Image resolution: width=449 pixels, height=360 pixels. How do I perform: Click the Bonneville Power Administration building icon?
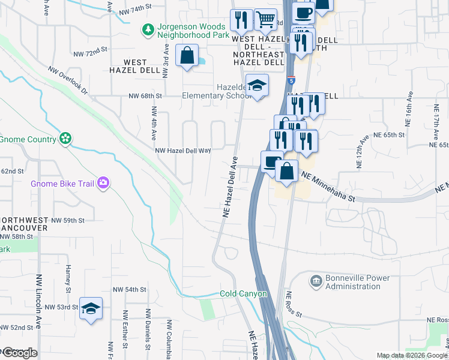(316, 281)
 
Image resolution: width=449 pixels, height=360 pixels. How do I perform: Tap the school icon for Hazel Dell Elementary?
(257, 86)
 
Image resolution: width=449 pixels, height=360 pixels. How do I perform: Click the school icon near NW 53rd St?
(91, 309)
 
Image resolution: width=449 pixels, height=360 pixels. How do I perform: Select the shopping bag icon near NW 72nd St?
(187, 56)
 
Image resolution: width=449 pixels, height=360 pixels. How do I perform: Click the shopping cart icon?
(265, 19)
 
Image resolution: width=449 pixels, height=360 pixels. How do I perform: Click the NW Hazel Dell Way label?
(182, 151)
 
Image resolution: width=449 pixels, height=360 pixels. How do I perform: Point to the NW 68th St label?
(145, 95)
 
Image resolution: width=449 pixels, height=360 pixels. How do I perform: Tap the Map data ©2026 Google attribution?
(412, 355)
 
